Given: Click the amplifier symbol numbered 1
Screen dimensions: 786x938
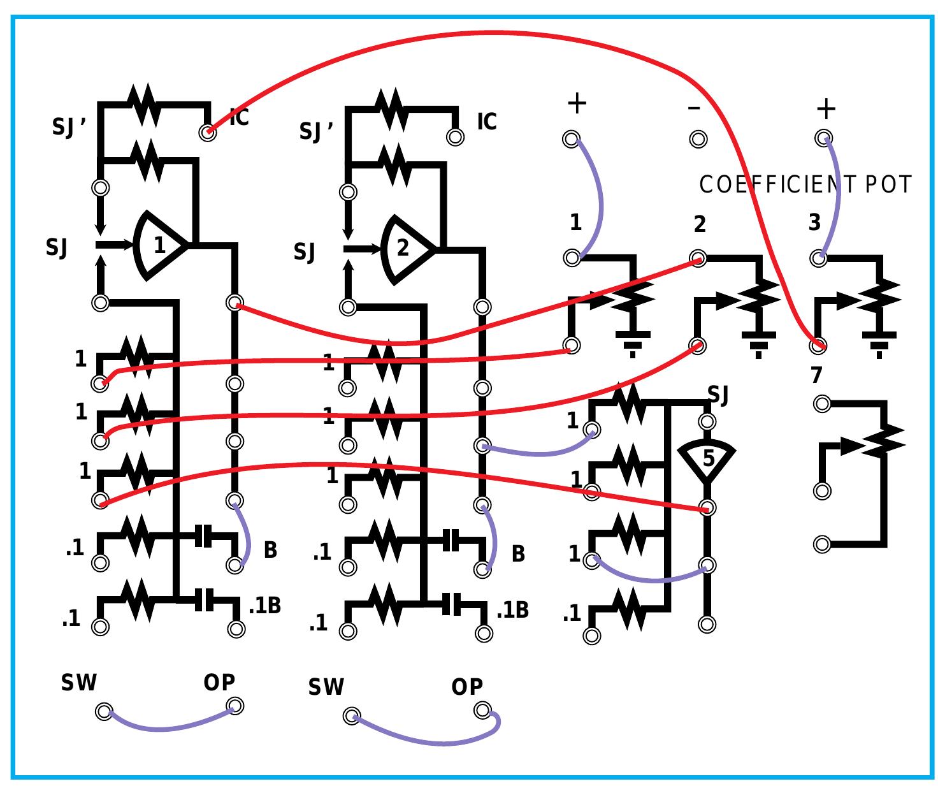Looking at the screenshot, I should [x=159, y=245].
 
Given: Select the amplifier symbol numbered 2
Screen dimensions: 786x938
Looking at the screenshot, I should [x=405, y=248].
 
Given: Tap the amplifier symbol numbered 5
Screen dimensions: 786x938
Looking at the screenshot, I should [x=707, y=458].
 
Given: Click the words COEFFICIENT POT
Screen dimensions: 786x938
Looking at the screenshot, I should [x=805, y=185].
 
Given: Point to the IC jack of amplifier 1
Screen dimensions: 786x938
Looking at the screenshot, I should [x=207, y=133].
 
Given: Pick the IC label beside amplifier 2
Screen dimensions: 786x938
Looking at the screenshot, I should [x=487, y=121].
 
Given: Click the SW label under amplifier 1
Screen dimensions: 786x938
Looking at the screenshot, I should [x=79, y=683].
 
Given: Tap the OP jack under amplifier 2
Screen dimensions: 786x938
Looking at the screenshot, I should [x=482, y=710].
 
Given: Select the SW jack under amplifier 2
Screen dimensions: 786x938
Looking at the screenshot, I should [x=351, y=716].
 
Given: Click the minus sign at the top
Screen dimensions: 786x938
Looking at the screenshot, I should [x=694, y=107].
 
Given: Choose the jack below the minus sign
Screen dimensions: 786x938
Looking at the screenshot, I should [x=698, y=138].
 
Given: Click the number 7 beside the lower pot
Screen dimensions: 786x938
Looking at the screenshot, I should [x=817, y=375].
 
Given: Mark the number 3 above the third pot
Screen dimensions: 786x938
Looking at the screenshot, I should [x=814, y=223].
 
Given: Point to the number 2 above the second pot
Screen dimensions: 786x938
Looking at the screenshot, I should [x=700, y=224].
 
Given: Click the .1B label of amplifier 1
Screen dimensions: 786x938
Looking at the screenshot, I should [x=264, y=605].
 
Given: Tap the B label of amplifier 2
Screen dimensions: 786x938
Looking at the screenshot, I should [x=518, y=554].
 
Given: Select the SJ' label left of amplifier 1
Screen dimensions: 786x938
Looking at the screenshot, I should [x=69, y=127].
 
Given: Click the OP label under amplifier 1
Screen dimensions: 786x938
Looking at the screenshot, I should [x=219, y=683].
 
